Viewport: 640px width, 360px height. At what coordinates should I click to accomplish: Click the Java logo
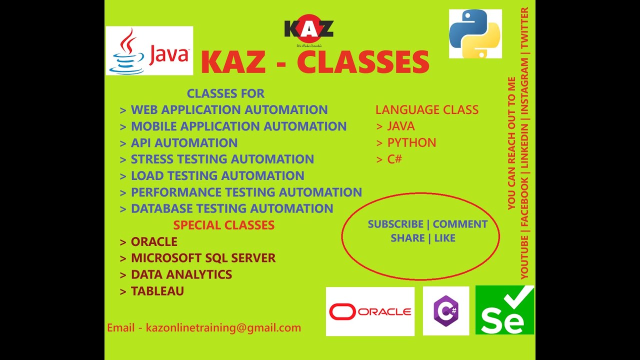(149, 51)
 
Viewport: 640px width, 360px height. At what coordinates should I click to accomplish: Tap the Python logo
(475, 33)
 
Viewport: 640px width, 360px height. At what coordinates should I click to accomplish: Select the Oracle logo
(370, 311)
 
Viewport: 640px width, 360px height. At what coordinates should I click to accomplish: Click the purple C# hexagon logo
(446, 311)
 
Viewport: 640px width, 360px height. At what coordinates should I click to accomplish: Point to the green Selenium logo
(504, 310)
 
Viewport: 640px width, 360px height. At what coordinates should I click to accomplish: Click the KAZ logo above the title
(308, 30)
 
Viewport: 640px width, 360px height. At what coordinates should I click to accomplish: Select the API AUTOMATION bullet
(184, 143)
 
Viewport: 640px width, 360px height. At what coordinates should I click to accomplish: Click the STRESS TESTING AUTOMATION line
(222, 159)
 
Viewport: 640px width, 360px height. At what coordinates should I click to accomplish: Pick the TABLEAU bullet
(157, 291)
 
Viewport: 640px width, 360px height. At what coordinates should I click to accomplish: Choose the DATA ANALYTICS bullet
(181, 274)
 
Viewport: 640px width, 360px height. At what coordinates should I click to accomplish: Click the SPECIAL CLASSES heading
(223, 225)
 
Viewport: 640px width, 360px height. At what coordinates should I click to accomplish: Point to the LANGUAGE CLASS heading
(427, 110)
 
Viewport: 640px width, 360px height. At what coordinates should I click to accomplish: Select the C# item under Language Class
(394, 159)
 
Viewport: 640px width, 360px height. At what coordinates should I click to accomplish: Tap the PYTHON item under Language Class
(411, 143)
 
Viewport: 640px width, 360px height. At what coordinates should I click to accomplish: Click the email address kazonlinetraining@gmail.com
(223, 328)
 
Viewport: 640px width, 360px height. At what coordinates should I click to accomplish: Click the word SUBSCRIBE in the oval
(395, 224)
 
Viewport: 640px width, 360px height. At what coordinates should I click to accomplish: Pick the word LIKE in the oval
(444, 238)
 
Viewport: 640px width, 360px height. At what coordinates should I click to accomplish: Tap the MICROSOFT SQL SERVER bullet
(203, 258)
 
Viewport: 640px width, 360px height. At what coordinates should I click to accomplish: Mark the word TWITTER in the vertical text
(524, 28)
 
